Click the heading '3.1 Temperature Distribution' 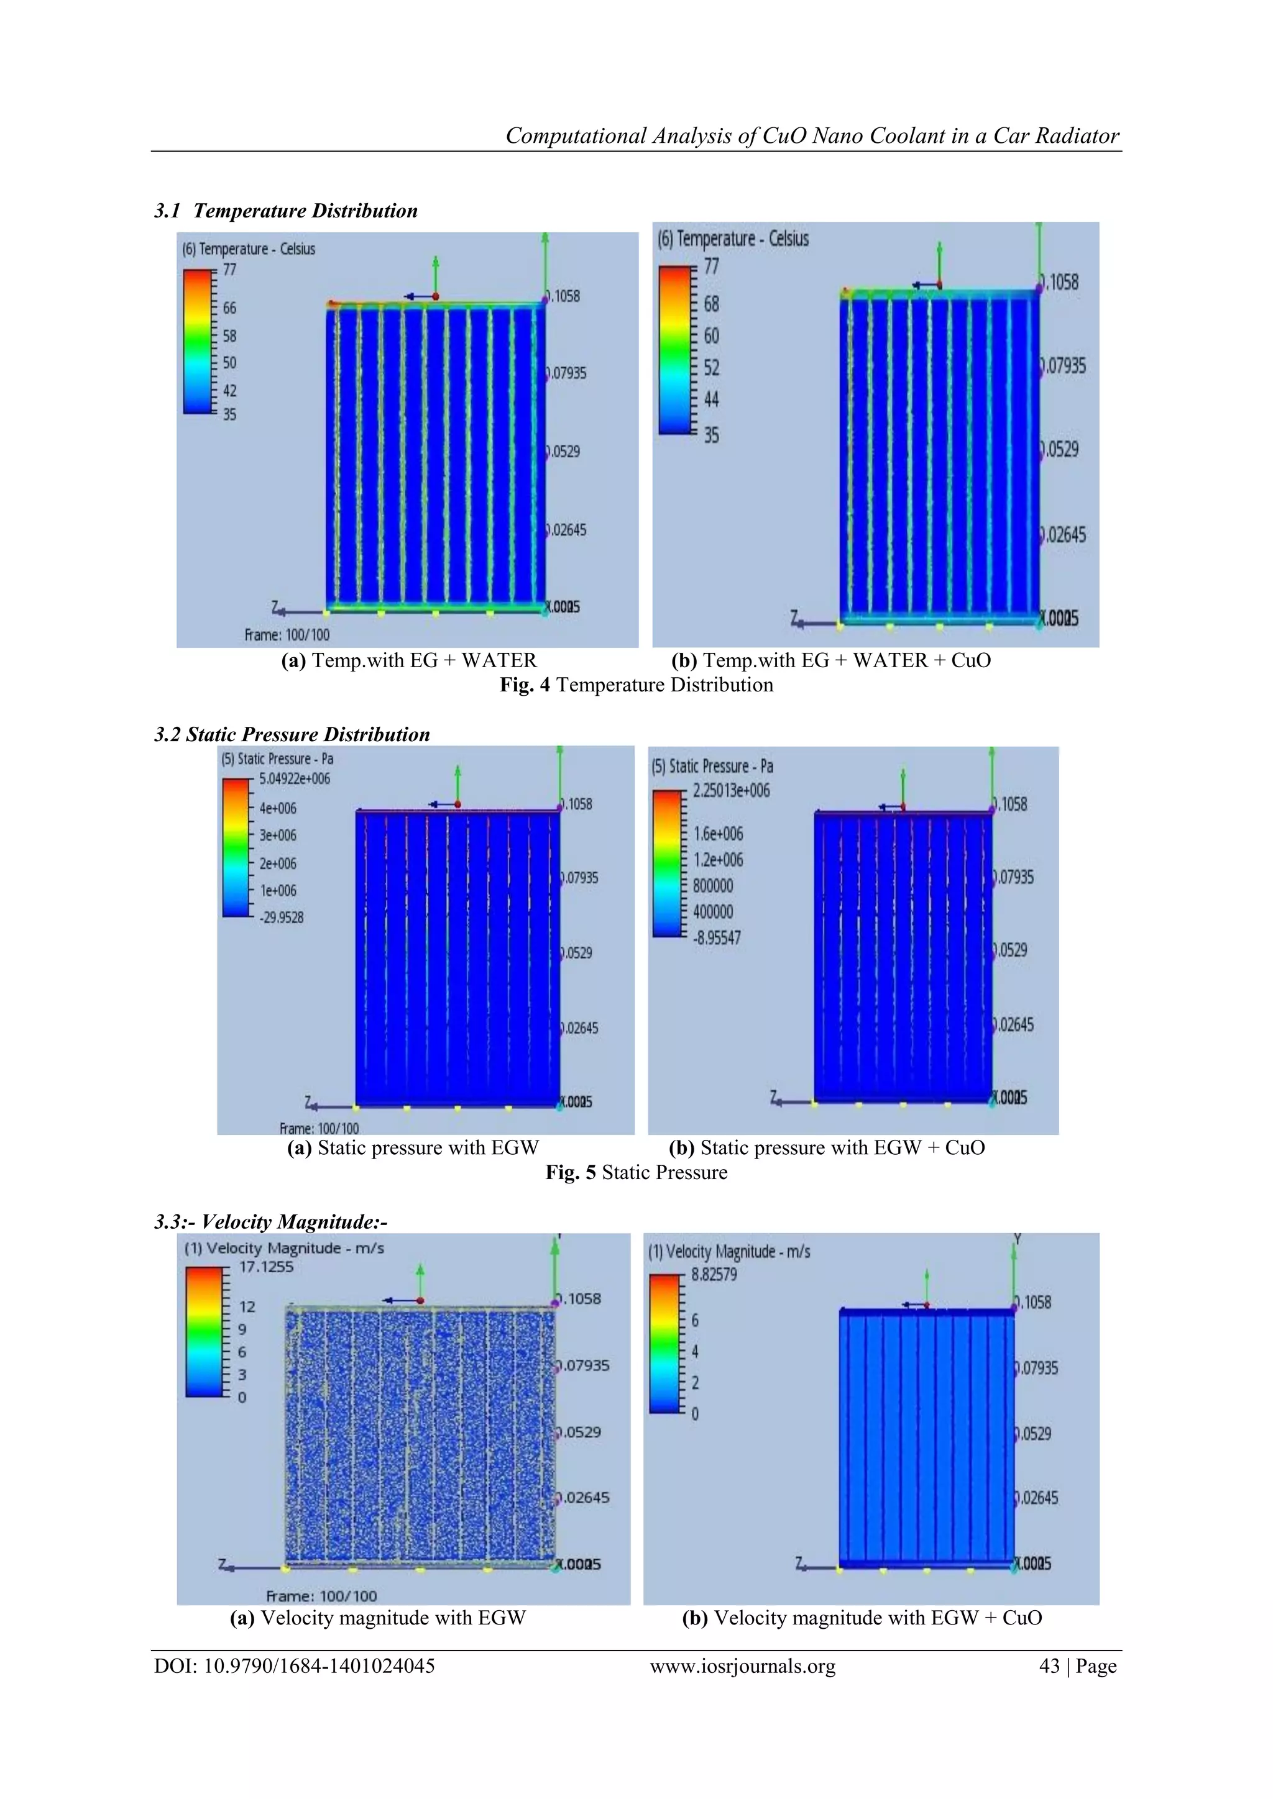(286, 211)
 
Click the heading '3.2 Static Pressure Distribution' (292, 734)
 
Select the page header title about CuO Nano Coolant (812, 135)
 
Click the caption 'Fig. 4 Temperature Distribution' (636, 685)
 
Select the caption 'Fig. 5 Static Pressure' (636, 1172)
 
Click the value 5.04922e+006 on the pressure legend (295, 779)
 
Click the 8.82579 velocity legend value (714, 1275)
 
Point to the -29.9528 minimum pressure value (282, 917)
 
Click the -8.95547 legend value (717, 937)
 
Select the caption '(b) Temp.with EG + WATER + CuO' (831, 660)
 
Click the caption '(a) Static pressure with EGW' (413, 1148)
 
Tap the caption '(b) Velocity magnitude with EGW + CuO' (862, 1618)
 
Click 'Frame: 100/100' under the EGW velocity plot (321, 1596)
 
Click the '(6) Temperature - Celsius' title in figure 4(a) (249, 249)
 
